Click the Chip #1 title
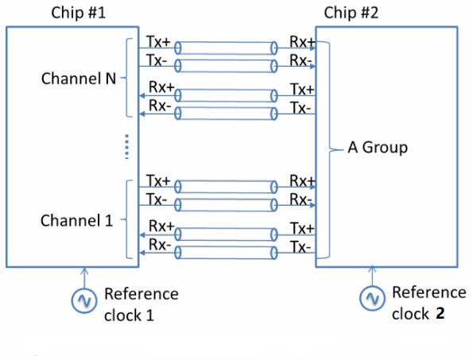click(79, 13)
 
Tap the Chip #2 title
click(351, 13)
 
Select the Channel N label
click(79, 79)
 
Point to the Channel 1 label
click(76, 220)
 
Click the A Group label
click(378, 148)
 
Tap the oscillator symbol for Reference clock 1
click(84, 300)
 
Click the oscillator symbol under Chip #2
click(372, 298)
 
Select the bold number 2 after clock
click(440, 314)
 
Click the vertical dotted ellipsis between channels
click(126, 146)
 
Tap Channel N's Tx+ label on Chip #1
click(158, 41)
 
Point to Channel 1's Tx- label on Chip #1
click(157, 199)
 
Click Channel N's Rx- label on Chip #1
click(160, 106)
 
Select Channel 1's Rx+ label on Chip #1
click(161, 226)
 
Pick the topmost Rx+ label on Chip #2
click(303, 41)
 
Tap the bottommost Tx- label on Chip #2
click(300, 247)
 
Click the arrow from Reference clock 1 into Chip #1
click(84, 277)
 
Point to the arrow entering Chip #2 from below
click(372, 276)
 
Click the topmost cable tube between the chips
click(226, 48)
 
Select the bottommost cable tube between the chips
click(226, 253)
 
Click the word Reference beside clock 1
click(142, 294)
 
